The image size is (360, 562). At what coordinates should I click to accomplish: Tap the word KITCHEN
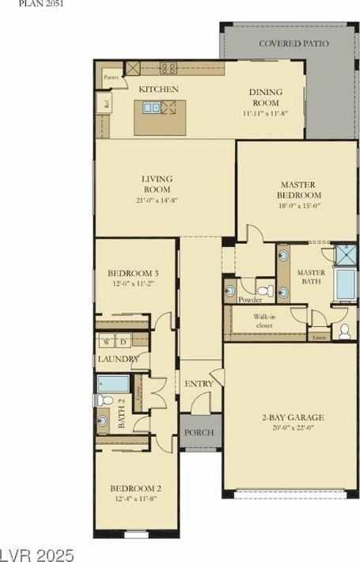[x=158, y=89]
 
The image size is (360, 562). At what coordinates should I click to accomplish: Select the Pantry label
[x=112, y=77]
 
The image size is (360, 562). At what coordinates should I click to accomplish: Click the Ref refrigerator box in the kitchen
[x=103, y=103]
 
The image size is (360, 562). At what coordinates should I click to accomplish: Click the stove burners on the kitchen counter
[x=169, y=68]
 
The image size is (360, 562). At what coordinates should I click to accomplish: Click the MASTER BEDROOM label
[x=299, y=190]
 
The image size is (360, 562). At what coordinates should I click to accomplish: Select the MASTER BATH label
[x=311, y=277]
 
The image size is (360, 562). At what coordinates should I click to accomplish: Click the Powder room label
[x=250, y=300]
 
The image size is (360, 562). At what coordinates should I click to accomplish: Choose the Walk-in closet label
[x=263, y=321]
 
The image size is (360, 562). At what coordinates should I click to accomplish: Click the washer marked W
[x=106, y=342]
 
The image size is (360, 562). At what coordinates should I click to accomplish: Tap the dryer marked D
[x=123, y=342]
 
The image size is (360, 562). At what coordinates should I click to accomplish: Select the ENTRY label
[x=199, y=384]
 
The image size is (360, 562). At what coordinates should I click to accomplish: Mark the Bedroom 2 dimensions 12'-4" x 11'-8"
[x=135, y=499]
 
